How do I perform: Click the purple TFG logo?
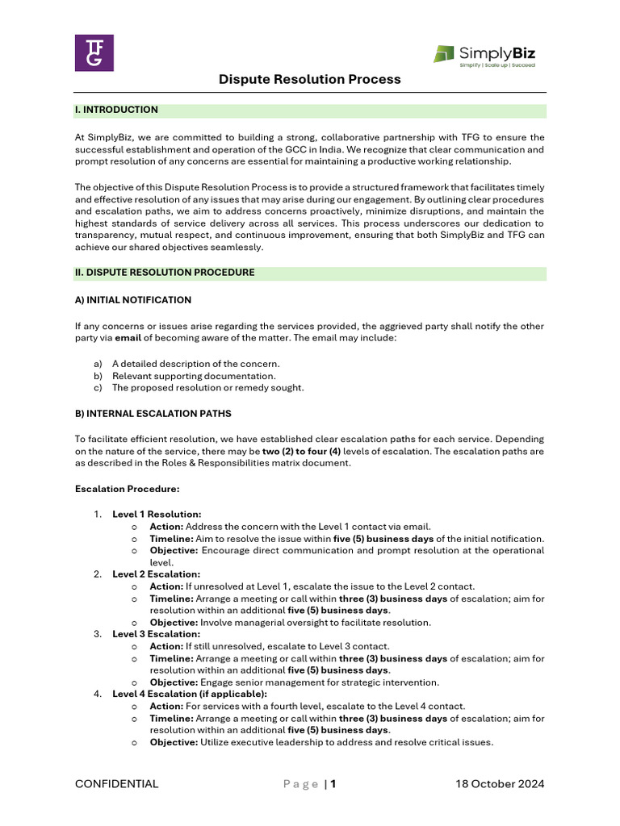click(x=94, y=52)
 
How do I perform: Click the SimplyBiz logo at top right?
click(x=484, y=55)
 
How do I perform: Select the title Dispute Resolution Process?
click(x=310, y=79)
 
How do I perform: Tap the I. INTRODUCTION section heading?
click(x=116, y=110)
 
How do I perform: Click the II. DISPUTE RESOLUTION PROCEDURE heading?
click(x=165, y=273)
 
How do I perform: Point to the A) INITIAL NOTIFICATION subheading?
click(x=133, y=300)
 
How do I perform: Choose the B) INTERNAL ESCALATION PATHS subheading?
click(x=153, y=414)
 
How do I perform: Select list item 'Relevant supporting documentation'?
click(x=194, y=376)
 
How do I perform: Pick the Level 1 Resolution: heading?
click(x=157, y=514)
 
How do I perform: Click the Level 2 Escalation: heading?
click(x=156, y=574)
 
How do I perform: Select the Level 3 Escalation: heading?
click(x=156, y=634)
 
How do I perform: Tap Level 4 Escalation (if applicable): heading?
click(x=190, y=694)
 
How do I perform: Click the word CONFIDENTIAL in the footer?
click(x=117, y=784)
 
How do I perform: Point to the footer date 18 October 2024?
click(x=500, y=784)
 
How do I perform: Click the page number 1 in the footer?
click(x=333, y=784)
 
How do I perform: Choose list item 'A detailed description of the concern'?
click(x=196, y=364)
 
